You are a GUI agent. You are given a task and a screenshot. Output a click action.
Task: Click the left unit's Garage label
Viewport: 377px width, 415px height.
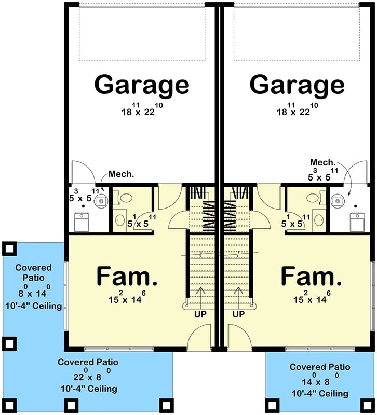pyautogui.click(x=142, y=84)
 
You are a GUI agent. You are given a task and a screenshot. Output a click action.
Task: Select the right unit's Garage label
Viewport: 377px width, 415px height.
pyautogui.click(x=297, y=84)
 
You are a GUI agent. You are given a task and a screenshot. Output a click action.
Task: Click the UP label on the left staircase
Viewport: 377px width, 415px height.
pyautogui.click(x=201, y=314)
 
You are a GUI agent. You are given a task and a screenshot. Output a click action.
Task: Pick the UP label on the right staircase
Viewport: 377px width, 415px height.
pyautogui.click(x=238, y=314)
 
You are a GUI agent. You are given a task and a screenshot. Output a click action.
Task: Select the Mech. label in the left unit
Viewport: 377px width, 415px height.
pyautogui.click(x=122, y=174)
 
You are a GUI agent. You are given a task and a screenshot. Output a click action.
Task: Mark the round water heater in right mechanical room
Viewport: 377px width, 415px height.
pyautogui.click(x=338, y=199)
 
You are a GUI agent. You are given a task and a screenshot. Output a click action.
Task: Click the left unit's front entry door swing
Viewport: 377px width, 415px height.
pyautogui.click(x=199, y=337)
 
